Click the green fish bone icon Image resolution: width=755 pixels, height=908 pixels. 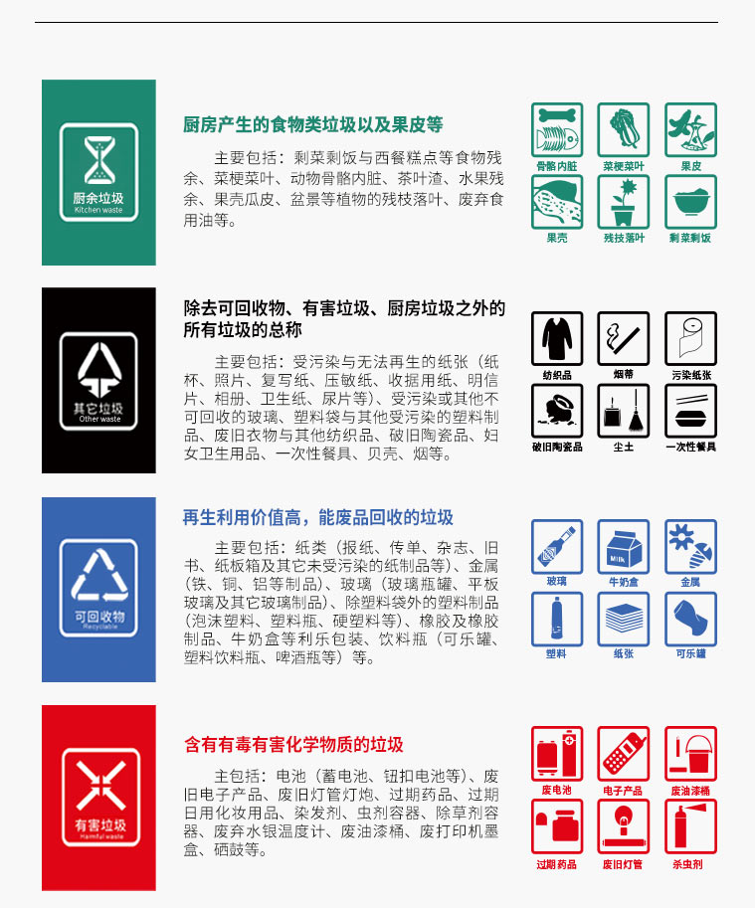pyautogui.click(x=557, y=129)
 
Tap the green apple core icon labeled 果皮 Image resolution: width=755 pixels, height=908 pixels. pyautogui.click(x=690, y=129)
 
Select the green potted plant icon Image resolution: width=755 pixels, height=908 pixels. pyautogui.click(x=624, y=202)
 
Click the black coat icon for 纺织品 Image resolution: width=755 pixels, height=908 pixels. pyautogui.click(x=557, y=338)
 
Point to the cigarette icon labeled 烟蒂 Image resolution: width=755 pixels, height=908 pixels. pyautogui.click(x=624, y=338)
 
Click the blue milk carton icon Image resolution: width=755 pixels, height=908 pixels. pyautogui.click(x=624, y=546)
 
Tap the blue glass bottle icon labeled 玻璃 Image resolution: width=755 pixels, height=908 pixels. pyautogui.click(x=557, y=546)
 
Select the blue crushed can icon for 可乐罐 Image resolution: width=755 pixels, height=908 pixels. pyautogui.click(x=690, y=618)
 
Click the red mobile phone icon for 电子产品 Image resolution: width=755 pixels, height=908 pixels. pyautogui.click(x=624, y=754)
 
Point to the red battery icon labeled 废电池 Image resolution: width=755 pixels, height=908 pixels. pyautogui.click(x=557, y=754)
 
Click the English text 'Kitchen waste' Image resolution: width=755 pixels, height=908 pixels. pyautogui.click(x=98, y=211)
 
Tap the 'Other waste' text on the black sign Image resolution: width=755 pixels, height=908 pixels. pyautogui.click(x=98, y=420)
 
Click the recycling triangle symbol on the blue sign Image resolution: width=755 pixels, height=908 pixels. pyautogui.click(x=98, y=575)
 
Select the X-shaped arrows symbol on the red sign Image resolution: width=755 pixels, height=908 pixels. pyautogui.click(x=98, y=784)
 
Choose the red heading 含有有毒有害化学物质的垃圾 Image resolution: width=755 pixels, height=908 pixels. pyautogui.click(x=293, y=745)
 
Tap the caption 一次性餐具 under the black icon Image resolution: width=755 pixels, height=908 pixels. pyautogui.click(x=690, y=448)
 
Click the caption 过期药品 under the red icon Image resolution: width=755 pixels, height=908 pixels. pyautogui.click(x=557, y=864)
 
